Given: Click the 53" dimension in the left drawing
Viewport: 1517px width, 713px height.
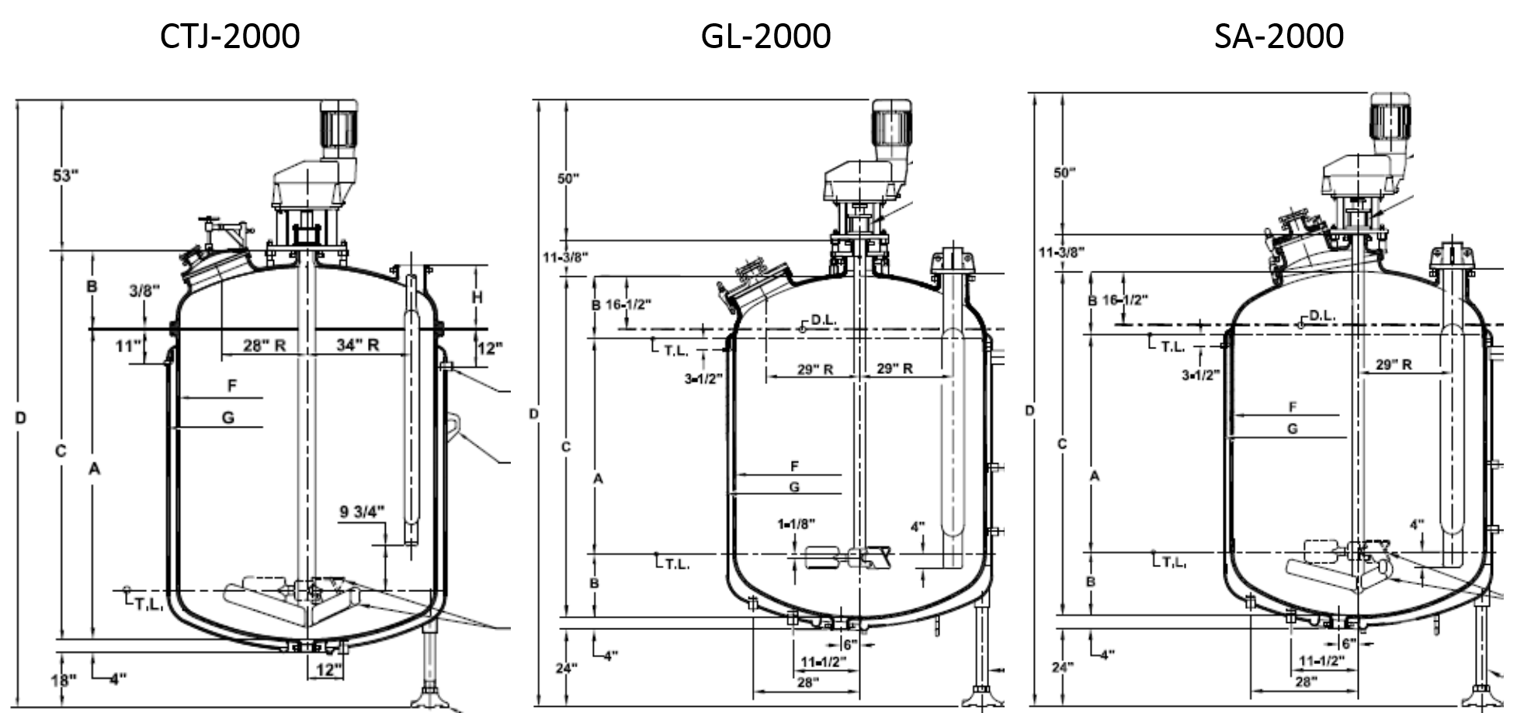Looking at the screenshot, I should [x=65, y=175].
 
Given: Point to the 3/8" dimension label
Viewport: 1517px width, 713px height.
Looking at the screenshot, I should [x=144, y=291].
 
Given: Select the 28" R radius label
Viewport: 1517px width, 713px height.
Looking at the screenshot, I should [x=264, y=345].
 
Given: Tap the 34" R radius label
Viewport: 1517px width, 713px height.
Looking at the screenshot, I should [x=357, y=345].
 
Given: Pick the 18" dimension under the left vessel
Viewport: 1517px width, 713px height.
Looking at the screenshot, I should [x=64, y=681].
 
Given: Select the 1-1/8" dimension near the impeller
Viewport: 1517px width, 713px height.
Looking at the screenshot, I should [x=796, y=524].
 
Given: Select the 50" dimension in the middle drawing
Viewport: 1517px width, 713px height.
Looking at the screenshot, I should [x=568, y=178].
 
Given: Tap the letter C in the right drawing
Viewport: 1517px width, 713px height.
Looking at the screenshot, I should [x=1061, y=444].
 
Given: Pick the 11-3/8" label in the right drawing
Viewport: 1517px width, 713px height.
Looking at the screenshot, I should [x=1061, y=251].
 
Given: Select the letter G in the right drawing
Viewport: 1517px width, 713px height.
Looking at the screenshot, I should [x=1292, y=428].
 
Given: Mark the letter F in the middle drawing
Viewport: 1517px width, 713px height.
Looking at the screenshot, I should [x=794, y=466].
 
